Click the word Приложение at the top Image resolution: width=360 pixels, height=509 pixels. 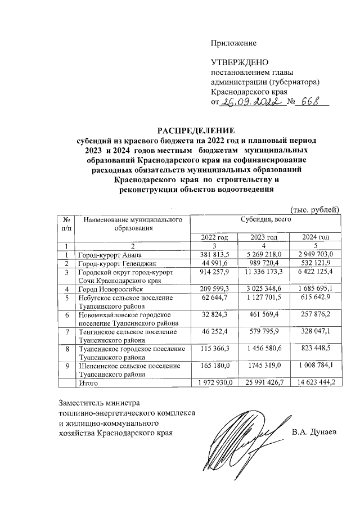click(233, 43)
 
